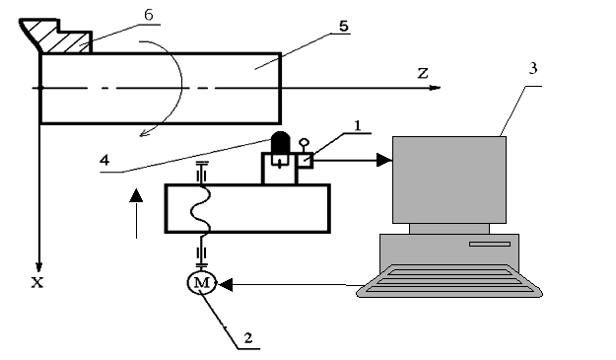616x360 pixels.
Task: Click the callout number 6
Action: point(149,15)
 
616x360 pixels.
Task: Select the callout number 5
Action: point(343,27)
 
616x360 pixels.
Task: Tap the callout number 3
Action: point(532,68)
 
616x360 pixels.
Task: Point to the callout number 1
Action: point(357,126)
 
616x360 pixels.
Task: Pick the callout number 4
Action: point(104,160)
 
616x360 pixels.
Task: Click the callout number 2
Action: point(248,337)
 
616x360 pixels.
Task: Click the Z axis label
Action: point(423,73)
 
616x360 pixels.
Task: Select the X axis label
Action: point(37,282)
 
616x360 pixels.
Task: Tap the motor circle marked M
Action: point(201,283)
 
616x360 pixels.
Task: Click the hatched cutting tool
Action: point(59,37)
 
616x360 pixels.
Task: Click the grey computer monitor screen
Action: point(449,180)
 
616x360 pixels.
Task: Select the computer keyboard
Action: point(449,281)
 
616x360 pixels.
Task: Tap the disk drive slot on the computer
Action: point(490,244)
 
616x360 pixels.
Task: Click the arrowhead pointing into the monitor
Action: point(384,160)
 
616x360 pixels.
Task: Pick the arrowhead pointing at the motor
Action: point(225,284)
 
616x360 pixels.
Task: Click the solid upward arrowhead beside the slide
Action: point(136,195)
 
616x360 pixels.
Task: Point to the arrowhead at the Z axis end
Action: point(435,88)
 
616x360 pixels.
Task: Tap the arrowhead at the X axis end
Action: point(38,267)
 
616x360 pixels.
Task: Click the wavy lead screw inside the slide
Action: point(201,209)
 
